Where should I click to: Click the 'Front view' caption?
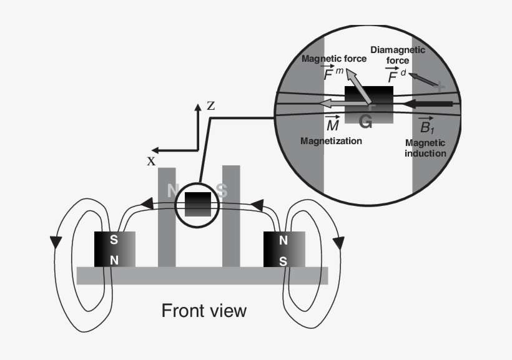(204, 310)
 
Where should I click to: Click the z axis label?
(211, 107)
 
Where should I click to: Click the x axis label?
(151, 161)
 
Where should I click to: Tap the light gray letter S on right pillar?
(222, 190)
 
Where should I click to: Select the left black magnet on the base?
(114, 249)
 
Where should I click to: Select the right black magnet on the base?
(284, 249)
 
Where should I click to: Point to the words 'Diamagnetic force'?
(398, 55)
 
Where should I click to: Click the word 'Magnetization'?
(331, 141)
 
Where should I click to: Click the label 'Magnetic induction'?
(425, 148)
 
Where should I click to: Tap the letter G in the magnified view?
(366, 122)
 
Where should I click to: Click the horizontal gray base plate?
(202, 275)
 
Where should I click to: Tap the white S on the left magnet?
(114, 240)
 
